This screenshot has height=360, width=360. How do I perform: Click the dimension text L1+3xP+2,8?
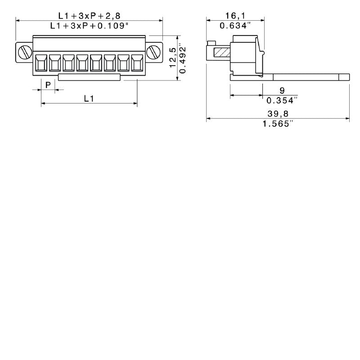pos(89,15)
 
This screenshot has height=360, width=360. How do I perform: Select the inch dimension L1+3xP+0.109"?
pos(89,26)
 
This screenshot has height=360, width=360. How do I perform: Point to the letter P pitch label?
pos(48,84)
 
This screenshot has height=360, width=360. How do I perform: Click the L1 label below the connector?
pos(89,98)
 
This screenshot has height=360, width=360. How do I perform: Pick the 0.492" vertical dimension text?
pos(183,58)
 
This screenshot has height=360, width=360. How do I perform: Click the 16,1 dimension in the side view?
pos(235,15)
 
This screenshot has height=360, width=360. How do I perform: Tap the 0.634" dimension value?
pos(235,26)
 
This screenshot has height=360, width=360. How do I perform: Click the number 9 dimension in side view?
pos(282,90)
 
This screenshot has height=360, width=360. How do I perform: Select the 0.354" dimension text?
pos(282,100)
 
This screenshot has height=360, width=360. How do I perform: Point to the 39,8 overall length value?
pos(278,114)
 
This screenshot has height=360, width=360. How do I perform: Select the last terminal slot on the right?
pos(136,63)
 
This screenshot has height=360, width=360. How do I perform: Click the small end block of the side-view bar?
pos(344,77)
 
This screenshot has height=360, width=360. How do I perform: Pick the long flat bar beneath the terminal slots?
pos(90,77)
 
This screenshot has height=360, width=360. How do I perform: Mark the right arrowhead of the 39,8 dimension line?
pos(347,119)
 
